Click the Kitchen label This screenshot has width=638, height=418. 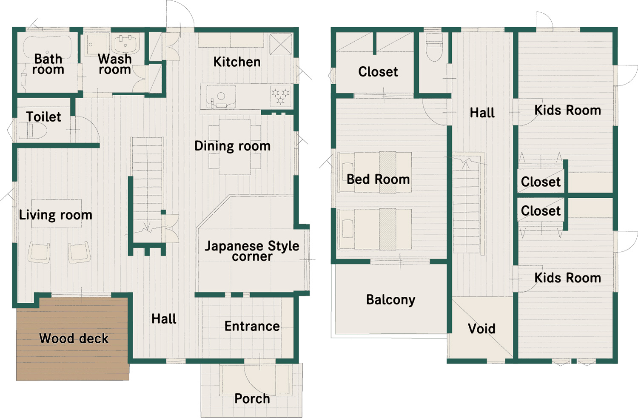[x=237, y=62]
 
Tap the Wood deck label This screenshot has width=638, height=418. [x=74, y=338]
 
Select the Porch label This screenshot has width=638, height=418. [x=252, y=398]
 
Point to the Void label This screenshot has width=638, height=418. [x=481, y=329]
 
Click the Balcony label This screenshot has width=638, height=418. [x=390, y=300]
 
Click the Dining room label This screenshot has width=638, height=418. [x=232, y=146]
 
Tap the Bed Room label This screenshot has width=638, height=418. [x=378, y=179]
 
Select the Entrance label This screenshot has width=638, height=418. [x=252, y=326]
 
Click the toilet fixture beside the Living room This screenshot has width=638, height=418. [x=32, y=131]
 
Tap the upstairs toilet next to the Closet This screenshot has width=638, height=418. [x=434, y=47]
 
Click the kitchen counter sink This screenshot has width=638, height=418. [x=221, y=97]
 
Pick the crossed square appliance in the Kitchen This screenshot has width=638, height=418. [x=281, y=44]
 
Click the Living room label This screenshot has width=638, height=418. [x=56, y=215]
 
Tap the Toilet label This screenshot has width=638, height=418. [x=43, y=117]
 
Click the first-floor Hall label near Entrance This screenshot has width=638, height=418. [x=164, y=319]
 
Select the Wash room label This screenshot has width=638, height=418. [x=115, y=64]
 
